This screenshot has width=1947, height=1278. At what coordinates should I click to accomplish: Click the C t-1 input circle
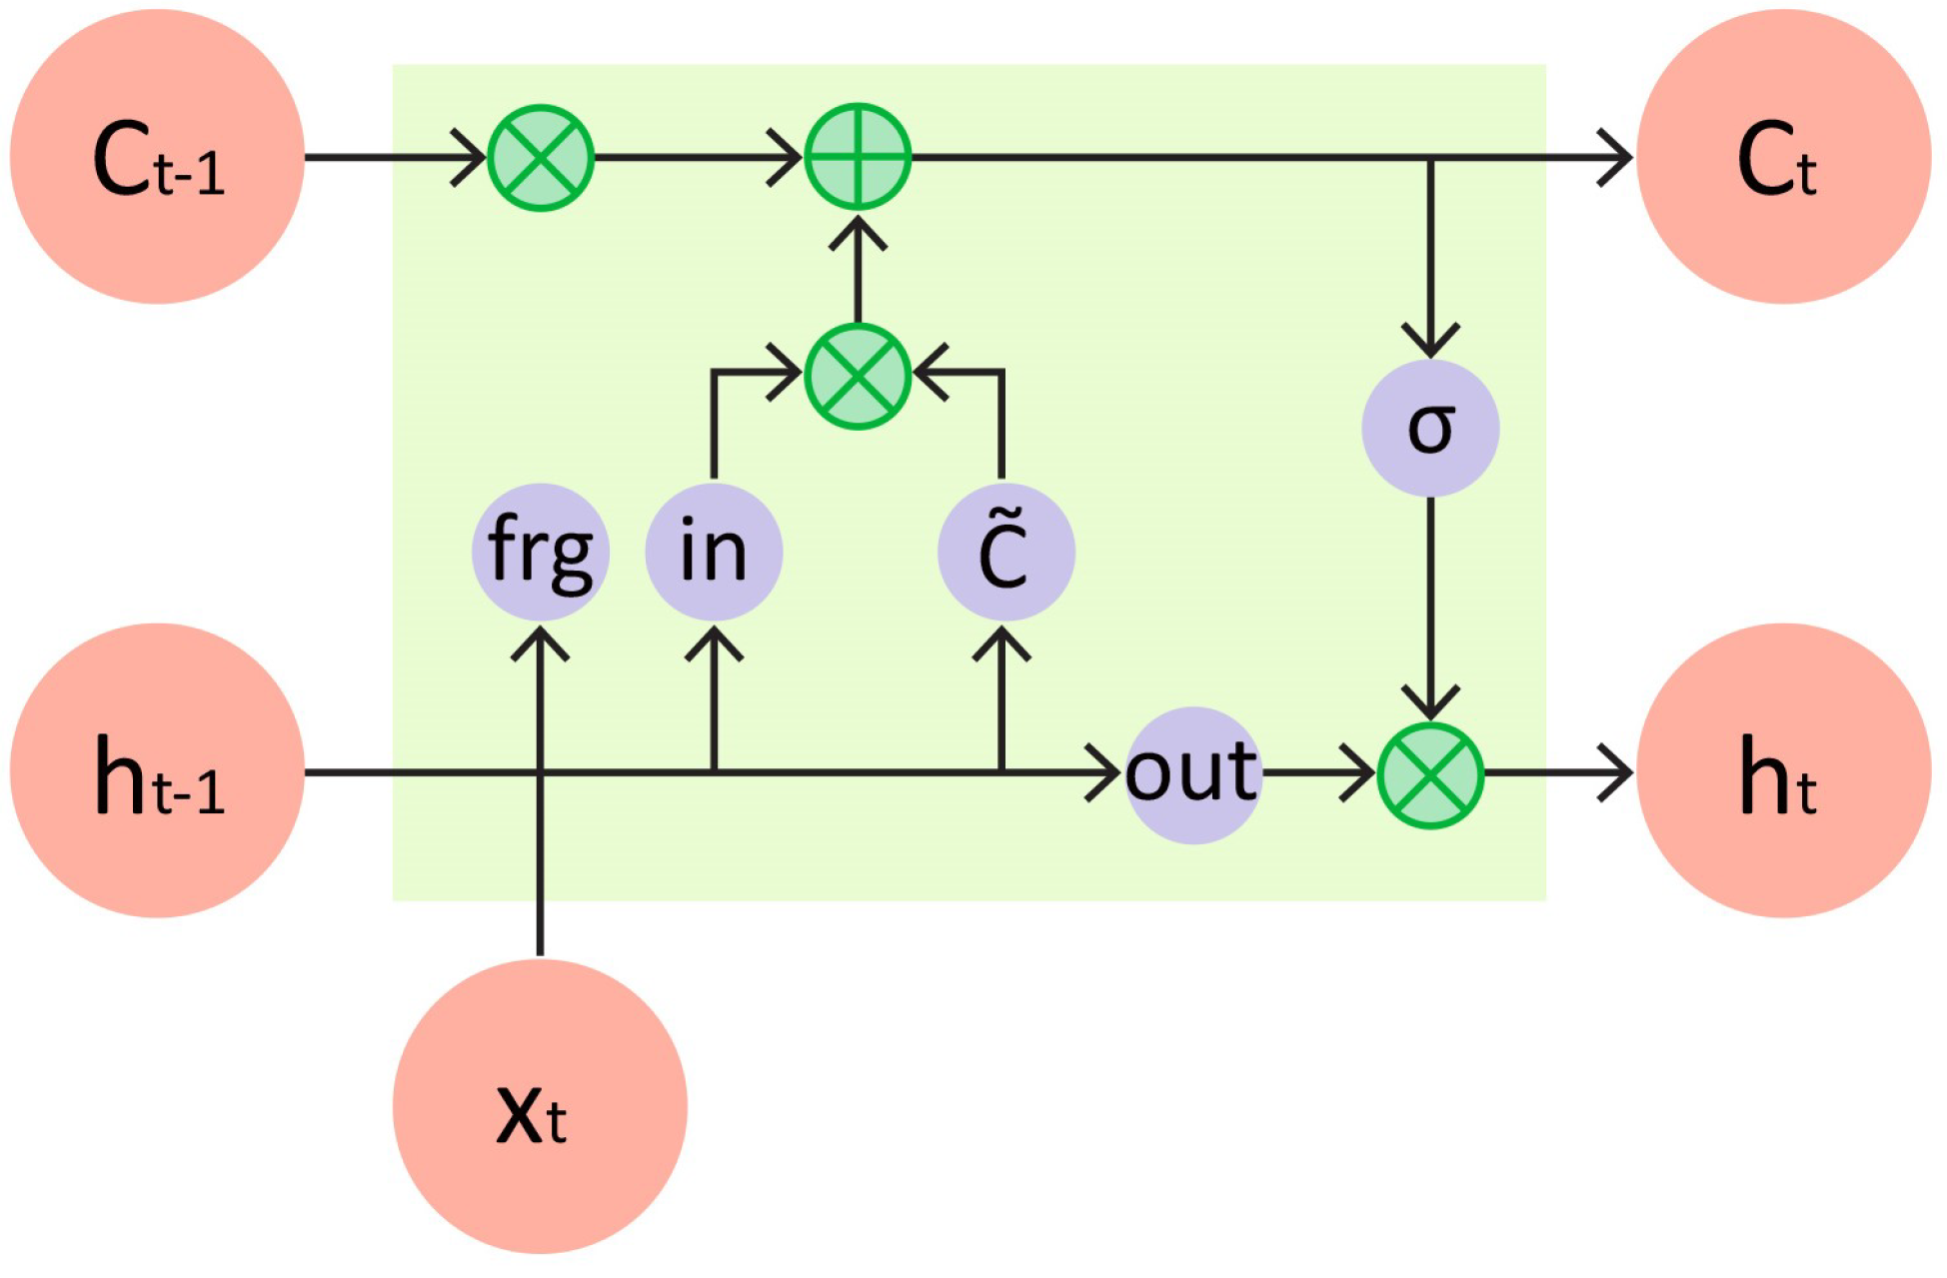click(x=157, y=157)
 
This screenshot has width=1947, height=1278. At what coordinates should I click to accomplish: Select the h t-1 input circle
click(x=157, y=770)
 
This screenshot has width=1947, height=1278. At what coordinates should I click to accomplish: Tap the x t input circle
click(x=540, y=1106)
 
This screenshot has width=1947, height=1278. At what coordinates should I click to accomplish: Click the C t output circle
click(x=1783, y=157)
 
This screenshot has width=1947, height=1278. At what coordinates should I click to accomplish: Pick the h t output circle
click(x=1783, y=770)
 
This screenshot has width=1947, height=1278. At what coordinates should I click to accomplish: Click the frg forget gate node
click(x=540, y=552)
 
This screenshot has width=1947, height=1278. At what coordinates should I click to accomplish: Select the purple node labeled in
click(x=714, y=552)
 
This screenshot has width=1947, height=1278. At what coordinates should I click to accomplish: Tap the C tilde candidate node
click(x=1005, y=552)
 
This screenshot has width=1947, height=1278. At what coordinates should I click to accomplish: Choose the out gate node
click(x=1192, y=774)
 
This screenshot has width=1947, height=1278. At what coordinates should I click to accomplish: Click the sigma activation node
click(x=1430, y=428)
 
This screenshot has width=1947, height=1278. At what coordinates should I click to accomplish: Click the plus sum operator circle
click(x=858, y=157)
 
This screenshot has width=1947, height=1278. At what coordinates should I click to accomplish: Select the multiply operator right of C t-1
click(x=541, y=157)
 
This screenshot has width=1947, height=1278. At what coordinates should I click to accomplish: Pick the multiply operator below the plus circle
click(x=858, y=377)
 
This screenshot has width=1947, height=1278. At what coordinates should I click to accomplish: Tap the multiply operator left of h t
click(x=1430, y=775)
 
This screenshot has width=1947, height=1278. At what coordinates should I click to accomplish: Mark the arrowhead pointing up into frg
click(x=540, y=641)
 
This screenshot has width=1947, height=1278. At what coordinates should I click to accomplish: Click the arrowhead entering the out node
click(x=1106, y=772)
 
